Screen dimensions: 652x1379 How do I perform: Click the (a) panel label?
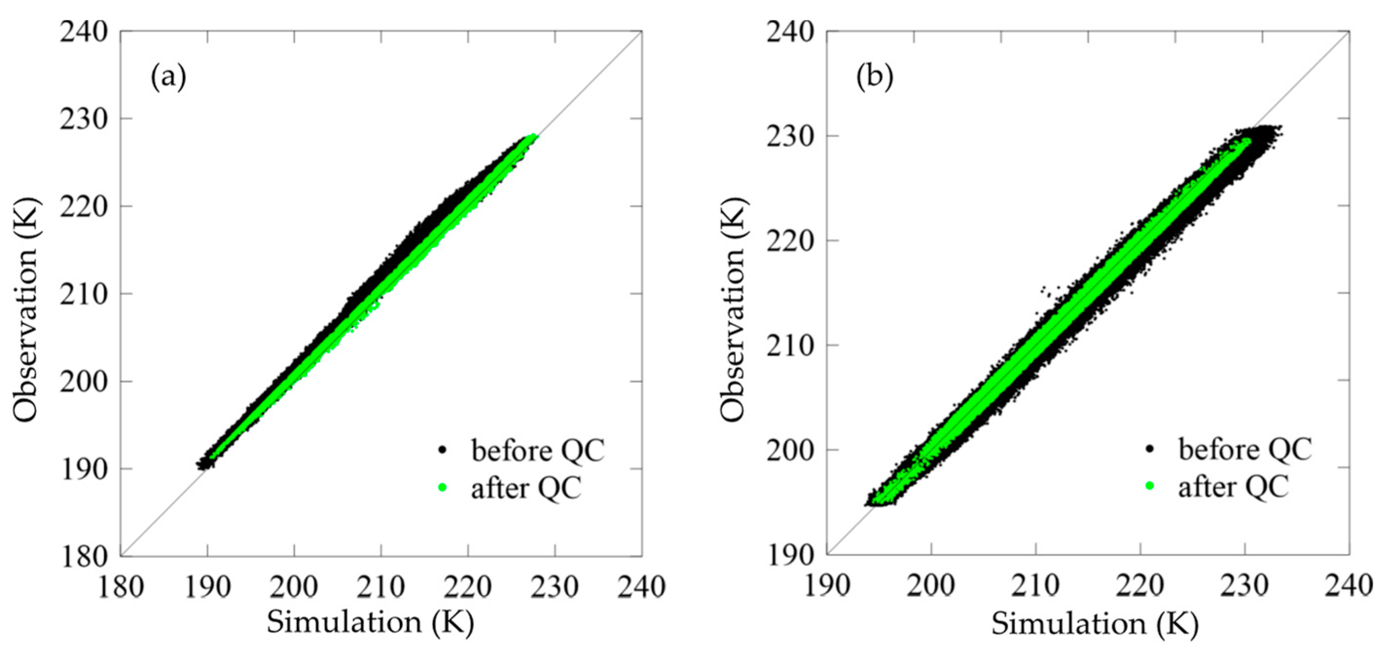pos(168,77)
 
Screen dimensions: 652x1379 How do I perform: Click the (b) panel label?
pos(875,77)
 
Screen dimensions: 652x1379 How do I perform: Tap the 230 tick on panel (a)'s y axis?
pos(89,118)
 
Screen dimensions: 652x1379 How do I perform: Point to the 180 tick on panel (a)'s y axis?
pos(89,556)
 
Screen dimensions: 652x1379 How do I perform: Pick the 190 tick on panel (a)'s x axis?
pos(207,587)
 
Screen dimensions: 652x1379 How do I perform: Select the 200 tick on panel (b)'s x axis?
pos(931,587)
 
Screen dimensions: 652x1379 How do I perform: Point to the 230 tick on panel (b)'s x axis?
pos(1245,587)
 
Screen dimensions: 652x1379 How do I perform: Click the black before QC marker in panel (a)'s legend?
pos(442,450)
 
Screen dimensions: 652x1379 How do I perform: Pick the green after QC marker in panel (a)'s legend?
pos(442,487)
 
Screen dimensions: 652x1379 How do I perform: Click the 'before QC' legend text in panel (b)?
pos(1245,449)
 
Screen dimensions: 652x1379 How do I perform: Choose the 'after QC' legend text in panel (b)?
pos(1233,487)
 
